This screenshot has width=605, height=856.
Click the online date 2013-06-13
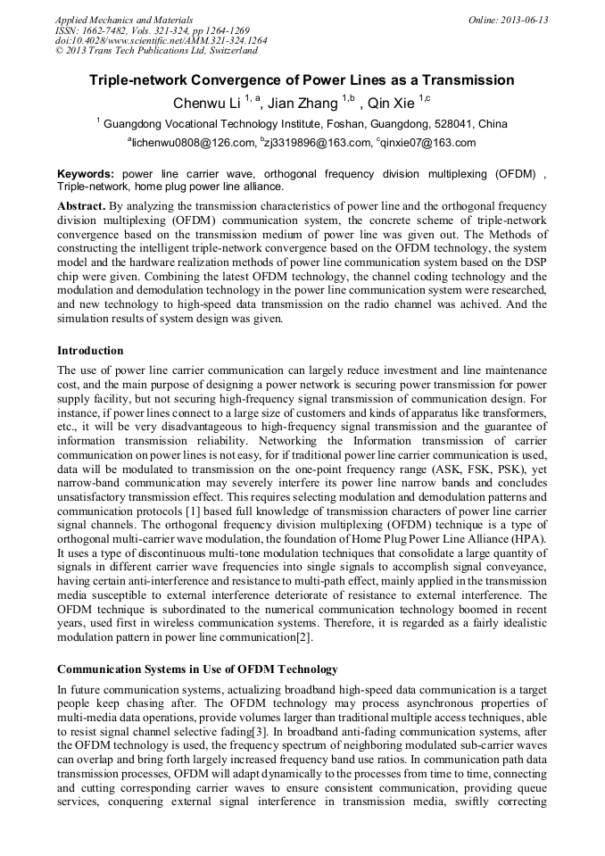pyautogui.click(x=526, y=20)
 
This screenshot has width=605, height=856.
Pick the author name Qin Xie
pyautogui.click(x=393, y=104)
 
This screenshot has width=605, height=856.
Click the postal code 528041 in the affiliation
pyautogui.click(x=456, y=124)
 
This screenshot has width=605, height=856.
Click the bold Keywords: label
pyautogui.click(x=86, y=174)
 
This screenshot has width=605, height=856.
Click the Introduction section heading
pyautogui.click(x=90, y=351)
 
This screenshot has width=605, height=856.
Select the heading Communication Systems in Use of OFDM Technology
pyautogui.click(x=197, y=669)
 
